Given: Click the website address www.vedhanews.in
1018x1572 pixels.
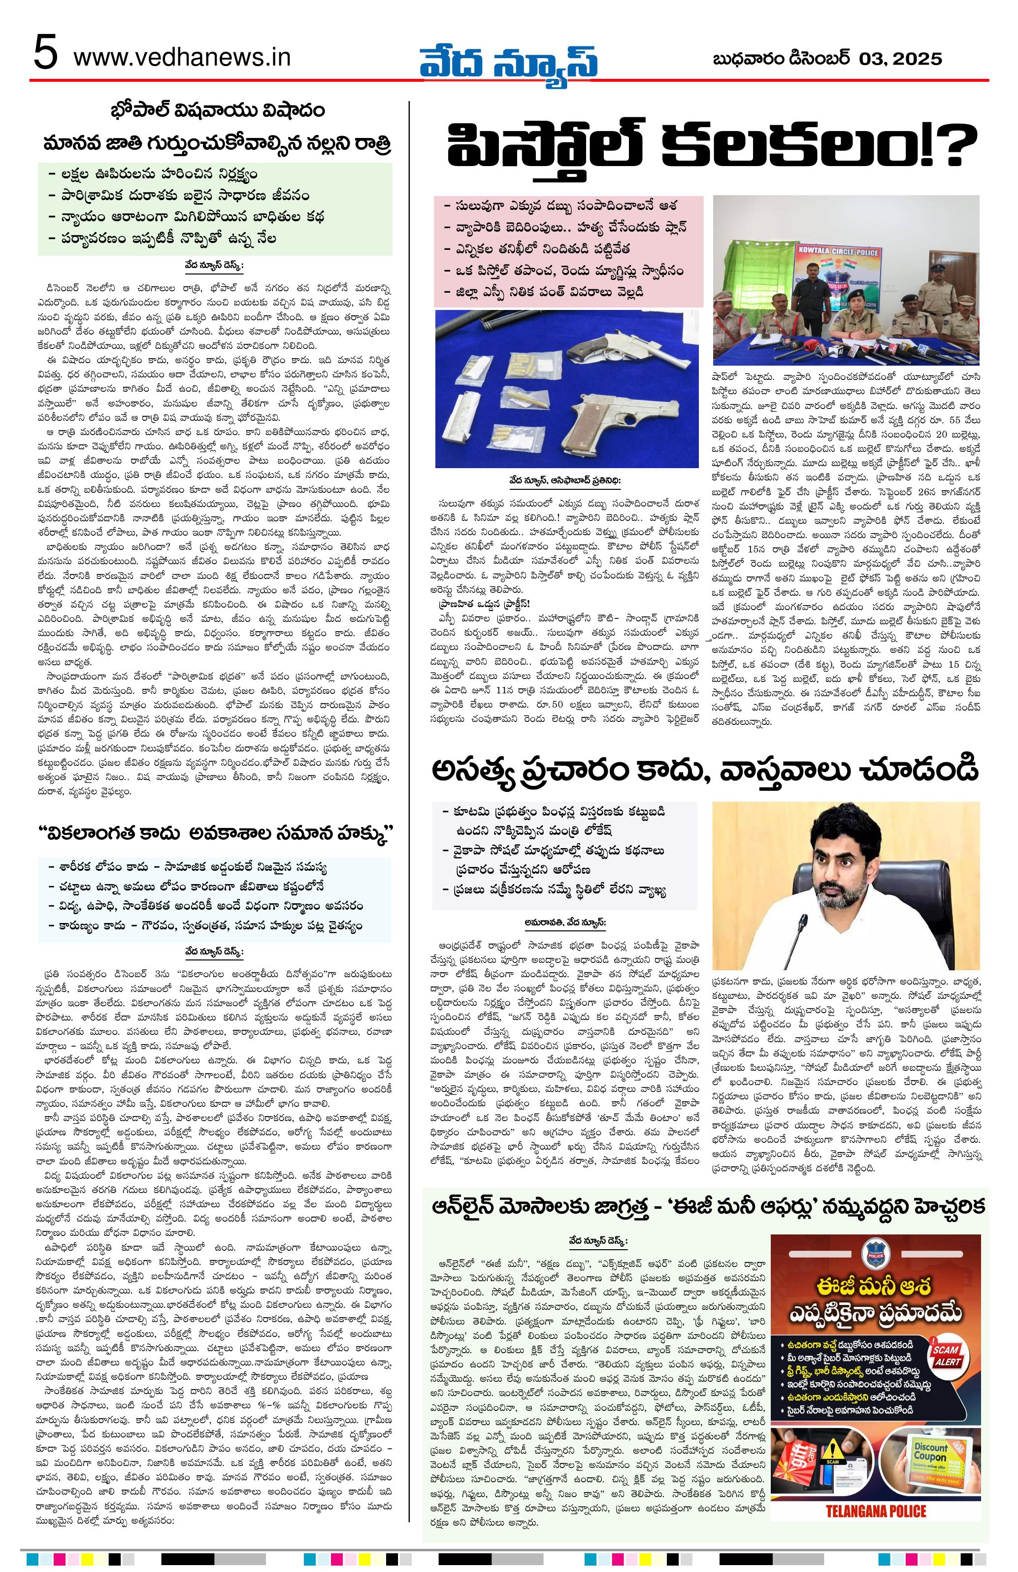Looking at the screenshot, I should point(182,58).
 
